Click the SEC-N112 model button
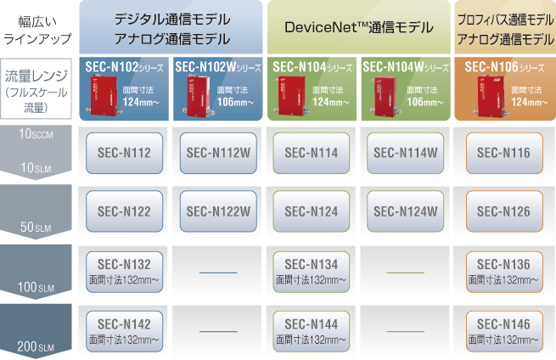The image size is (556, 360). (x=125, y=153)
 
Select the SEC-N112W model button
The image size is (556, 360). (x=218, y=153)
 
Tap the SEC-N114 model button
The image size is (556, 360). (x=312, y=153)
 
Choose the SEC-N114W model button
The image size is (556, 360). (x=405, y=153)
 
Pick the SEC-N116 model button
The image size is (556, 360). (x=504, y=153)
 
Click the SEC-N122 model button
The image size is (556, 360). (x=125, y=211)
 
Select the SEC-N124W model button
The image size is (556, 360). (x=405, y=211)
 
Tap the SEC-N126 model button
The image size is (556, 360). (x=504, y=211)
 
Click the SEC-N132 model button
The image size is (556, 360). (x=125, y=272)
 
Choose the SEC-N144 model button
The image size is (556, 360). (x=312, y=332)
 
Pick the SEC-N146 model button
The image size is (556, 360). (x=504, y=332)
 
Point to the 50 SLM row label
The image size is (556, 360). (x=36, y=227)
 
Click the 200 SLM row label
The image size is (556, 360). (x=36, y=346)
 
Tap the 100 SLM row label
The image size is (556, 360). (x=36, y=287)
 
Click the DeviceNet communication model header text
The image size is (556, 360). (x=359, y=27)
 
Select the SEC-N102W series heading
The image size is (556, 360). (x=218, y=67)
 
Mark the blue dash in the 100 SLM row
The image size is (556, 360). (x=218, y=273)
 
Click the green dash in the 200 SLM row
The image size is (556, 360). (x=405, y=332)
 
